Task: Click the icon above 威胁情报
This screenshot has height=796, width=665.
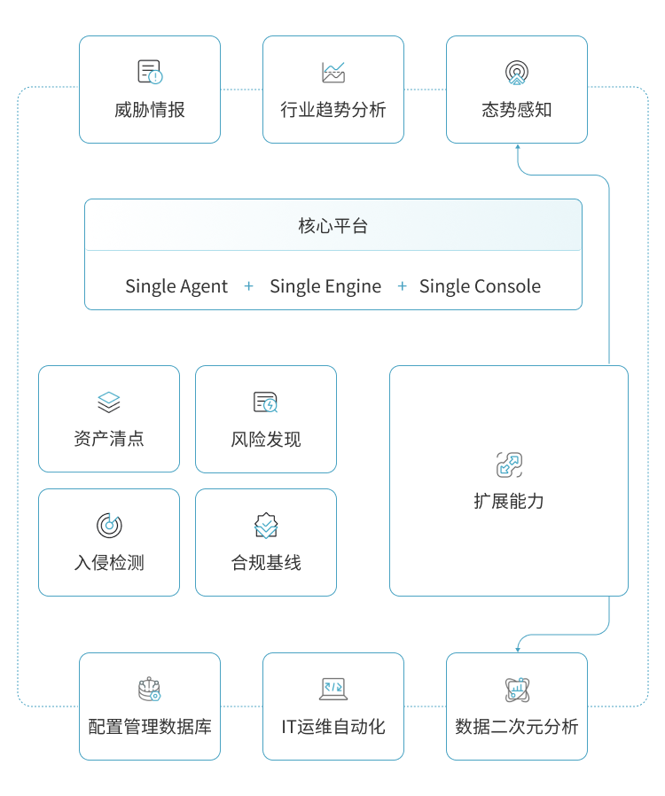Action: pos(150,73)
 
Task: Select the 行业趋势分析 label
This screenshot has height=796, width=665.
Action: pos(333,110)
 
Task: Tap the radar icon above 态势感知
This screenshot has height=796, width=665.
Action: pos(516,73)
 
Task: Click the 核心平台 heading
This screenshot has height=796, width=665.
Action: pos(333,226)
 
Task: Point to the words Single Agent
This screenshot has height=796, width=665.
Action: pos(176,286)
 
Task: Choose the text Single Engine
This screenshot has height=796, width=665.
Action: pos(325,286)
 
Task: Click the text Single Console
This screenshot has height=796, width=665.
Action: pos(480,286)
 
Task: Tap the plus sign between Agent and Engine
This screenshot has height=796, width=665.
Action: pos(249,286)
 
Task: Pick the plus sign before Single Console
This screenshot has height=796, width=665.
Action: pos(403,286)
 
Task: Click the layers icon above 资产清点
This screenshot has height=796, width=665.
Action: pos(109,402)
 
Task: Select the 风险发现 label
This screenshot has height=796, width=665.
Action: pos(266,440)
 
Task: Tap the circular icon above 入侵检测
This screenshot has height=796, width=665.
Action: pos(109,526)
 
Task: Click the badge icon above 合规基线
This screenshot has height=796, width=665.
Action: pos(266,526)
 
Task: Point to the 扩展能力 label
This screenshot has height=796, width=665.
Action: pos(509,501)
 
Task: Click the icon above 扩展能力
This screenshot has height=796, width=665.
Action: pos(509,464)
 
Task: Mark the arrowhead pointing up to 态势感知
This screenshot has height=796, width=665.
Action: pos(517,149)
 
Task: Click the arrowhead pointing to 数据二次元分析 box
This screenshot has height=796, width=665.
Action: pos(517,647)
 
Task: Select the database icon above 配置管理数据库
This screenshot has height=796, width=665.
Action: pos(150,690)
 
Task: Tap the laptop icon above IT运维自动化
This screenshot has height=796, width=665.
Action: pos(333,690)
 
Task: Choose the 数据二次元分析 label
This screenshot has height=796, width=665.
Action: pos(517,727)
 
